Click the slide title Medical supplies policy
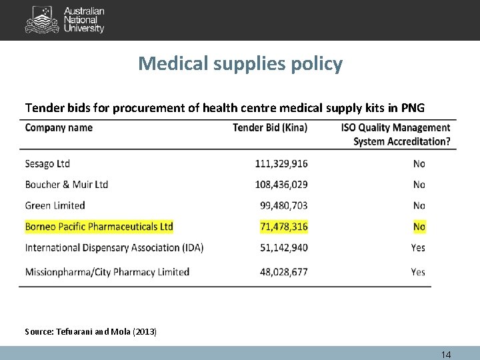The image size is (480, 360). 240,64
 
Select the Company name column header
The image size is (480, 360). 59,128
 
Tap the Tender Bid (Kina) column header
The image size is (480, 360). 270,128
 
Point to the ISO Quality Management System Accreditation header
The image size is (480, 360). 395,134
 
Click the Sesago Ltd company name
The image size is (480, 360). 47,164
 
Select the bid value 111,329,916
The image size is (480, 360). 281,164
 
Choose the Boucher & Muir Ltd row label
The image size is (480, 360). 67,185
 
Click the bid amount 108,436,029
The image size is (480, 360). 281,185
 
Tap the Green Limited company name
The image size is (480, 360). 55,205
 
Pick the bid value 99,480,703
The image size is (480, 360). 284,205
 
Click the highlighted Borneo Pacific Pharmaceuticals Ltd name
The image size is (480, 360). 99,227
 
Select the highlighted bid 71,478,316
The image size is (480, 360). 284,227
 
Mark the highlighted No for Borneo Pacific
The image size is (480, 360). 419,227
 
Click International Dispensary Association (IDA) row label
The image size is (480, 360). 114,247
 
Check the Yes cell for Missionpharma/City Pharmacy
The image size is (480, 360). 418,272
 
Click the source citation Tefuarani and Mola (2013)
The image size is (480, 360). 91,331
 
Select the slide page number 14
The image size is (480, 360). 445,355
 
